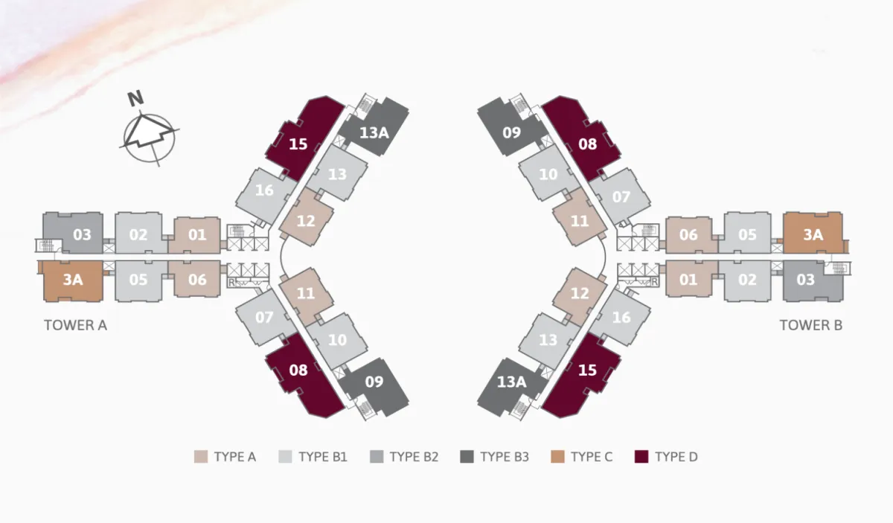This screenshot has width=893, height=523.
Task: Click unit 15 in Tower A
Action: click(298, 144)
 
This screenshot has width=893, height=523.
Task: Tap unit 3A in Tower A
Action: click(71, 280)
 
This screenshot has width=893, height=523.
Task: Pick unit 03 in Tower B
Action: click(806, 280)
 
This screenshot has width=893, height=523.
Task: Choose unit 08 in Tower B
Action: click(588, 144)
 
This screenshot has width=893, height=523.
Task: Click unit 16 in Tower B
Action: click(621, 318)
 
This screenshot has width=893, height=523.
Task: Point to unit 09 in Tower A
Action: click(374, 382)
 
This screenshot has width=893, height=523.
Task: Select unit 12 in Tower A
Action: click(307, 221)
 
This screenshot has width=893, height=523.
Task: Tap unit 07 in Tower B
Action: click(621, 197)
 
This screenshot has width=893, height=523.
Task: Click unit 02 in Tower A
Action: click(138, 235)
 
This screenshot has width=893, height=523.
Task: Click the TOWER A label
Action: click(75, 325)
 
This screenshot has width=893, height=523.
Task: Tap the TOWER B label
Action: click(811, 325)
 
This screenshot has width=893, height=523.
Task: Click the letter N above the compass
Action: click(135, 99)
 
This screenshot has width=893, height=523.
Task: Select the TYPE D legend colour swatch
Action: click(641, 457)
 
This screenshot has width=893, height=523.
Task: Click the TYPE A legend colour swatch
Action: click(200, 457)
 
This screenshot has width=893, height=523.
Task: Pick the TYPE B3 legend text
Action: click(504, 457)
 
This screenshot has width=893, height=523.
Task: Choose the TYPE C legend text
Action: click(592, 457)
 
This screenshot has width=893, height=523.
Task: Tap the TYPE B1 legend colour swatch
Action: click(285, 457)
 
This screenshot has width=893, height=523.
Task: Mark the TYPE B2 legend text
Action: click(414, 457)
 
